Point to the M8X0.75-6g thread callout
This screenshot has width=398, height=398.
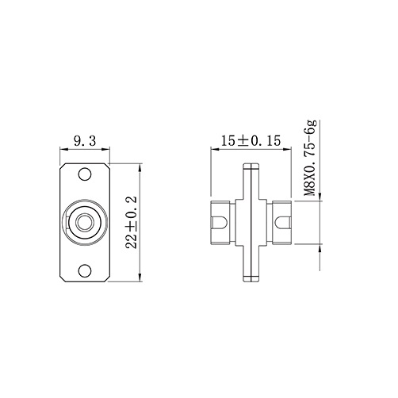[x=311, y=158]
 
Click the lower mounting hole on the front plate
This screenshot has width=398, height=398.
[x=84, y=270]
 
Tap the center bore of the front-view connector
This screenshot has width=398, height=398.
[x=84, y=223]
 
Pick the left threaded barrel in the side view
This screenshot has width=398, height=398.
[x=222, y=223]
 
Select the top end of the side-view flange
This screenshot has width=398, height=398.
[x=251, y=167]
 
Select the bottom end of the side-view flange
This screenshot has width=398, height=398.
[x=251, y=279]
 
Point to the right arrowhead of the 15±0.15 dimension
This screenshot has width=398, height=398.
[x=289, y=150]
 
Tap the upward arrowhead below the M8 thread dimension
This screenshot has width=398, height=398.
[x=320, y=247]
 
